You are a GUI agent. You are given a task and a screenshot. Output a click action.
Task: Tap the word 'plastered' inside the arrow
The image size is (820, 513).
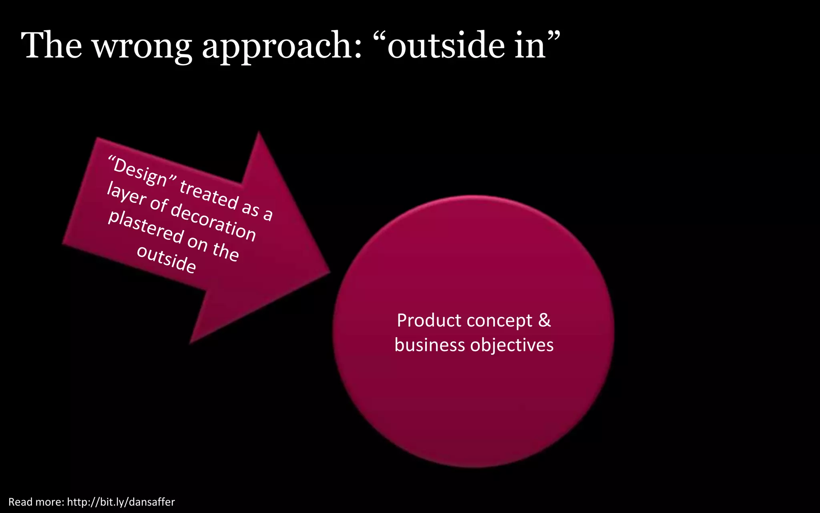click(x=146, y=227)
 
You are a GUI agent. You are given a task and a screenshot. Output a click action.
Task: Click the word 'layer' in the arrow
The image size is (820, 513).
click(x=126, y=194)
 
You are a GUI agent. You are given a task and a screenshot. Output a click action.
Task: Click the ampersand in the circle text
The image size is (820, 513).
click(x=545, y=320)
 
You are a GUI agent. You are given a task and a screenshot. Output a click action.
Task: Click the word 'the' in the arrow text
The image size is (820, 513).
click(x=226, y=251)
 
